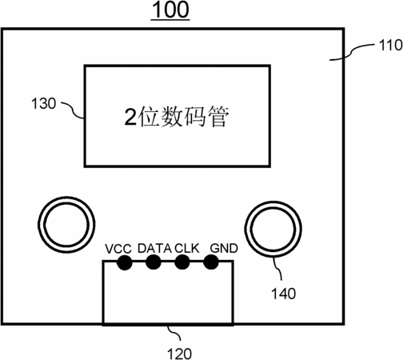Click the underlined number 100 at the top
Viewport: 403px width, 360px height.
170,10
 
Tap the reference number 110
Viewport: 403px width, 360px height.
390,45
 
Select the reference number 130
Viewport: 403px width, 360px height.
43,103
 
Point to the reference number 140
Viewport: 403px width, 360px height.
283,294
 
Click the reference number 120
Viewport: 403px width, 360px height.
179,354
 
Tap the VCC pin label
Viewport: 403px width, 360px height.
118,249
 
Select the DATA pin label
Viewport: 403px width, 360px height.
154,249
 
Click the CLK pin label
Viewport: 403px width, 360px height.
187,249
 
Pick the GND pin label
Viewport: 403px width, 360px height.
224,249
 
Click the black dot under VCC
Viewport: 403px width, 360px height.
125,262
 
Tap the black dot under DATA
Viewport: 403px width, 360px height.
154,262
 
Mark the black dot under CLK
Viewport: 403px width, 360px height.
182,262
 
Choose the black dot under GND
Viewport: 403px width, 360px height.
211,262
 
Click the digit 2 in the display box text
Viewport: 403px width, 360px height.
131,117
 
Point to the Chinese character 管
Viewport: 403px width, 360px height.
218,117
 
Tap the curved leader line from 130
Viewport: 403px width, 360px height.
73,110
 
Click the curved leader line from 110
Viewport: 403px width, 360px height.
352,50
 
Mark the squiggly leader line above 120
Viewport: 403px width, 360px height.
174,332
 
